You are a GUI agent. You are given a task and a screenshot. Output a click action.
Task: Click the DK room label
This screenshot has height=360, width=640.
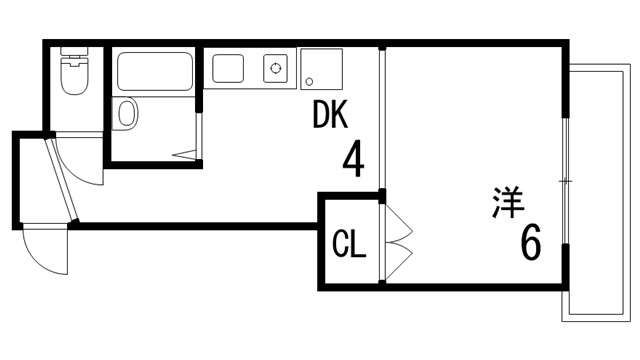point(330,118)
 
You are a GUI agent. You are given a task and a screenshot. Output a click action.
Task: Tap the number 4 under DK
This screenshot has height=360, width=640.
point(352,159)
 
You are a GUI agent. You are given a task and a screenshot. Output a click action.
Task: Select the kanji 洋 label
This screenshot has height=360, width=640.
point(509,203)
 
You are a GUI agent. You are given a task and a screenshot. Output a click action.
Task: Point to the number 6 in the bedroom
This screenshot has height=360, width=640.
point(530,242)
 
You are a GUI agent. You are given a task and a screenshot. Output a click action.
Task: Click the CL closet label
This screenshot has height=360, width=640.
point(347,242)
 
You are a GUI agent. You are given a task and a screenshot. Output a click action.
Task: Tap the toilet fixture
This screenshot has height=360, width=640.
point(74,78)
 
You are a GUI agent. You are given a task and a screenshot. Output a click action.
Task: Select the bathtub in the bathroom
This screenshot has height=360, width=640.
point(155,71)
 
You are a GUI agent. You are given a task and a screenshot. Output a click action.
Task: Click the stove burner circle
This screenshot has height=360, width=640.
point(275,69)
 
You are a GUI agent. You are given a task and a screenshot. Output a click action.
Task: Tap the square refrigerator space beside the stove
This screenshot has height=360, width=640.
point(321,69)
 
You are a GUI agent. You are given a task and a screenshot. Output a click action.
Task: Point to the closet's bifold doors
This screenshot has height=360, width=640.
point(398,240)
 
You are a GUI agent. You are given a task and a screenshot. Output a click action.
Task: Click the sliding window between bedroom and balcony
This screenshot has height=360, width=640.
point(565,180)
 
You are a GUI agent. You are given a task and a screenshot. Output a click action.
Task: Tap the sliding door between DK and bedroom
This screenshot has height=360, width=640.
point(381,120)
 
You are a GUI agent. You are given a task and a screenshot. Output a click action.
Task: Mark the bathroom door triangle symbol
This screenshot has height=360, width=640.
point(187,154)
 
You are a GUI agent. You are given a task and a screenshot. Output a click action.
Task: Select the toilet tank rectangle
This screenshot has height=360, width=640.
point(74,54)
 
